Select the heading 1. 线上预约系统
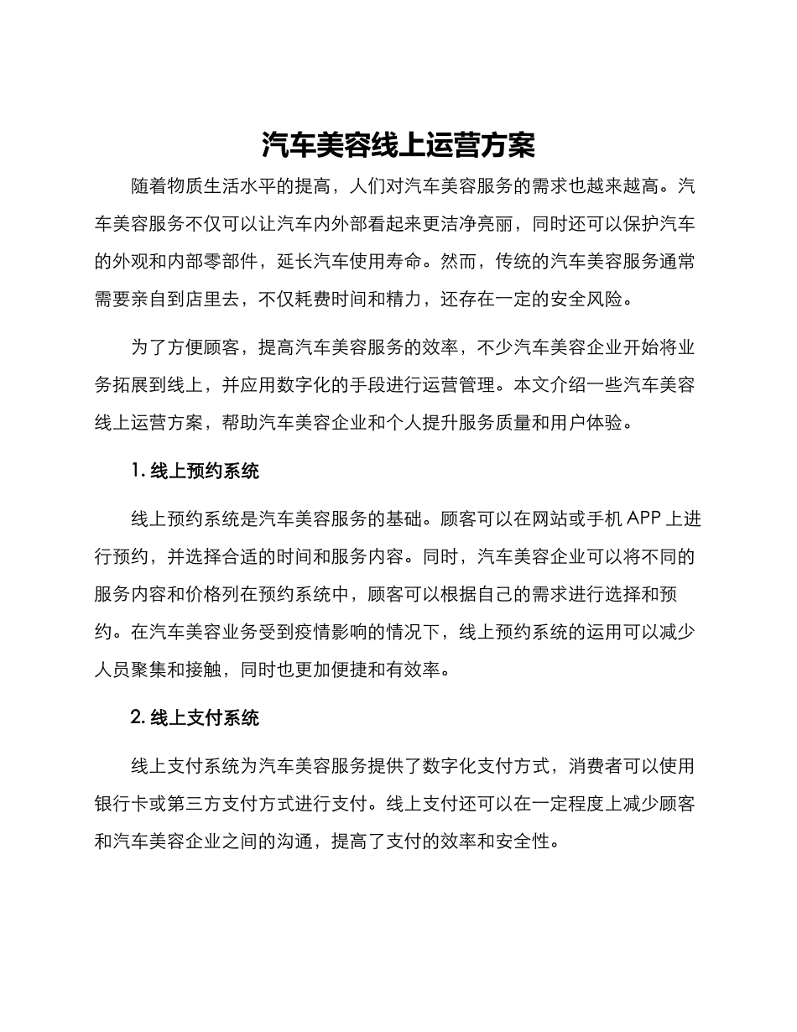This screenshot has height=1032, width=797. point(195,471)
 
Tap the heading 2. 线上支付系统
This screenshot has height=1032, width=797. point(195,717)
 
